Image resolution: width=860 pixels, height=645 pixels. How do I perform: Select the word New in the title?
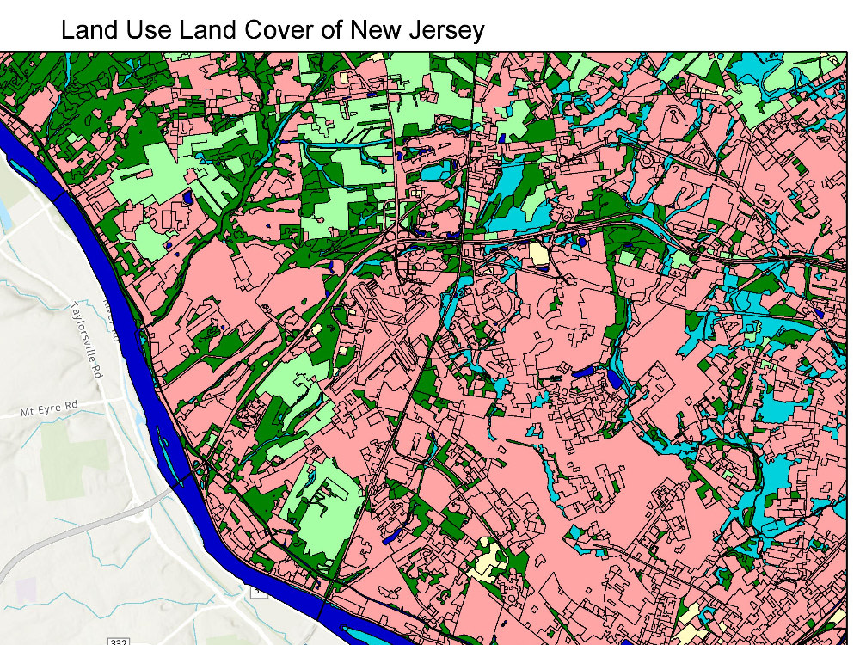[x=374, y=31]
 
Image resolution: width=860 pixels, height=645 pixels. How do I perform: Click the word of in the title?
[x=331, y=31]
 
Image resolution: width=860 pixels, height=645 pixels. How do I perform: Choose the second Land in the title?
[x=206, y=31]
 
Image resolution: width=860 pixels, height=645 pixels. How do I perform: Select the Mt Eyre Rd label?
[x=49, y=412]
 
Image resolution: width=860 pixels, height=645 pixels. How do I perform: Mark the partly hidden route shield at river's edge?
[x=258, y=593]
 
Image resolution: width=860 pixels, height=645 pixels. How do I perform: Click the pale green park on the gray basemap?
[x=73, y=456]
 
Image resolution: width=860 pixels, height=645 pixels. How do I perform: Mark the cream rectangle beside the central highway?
[x=538, y=255]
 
